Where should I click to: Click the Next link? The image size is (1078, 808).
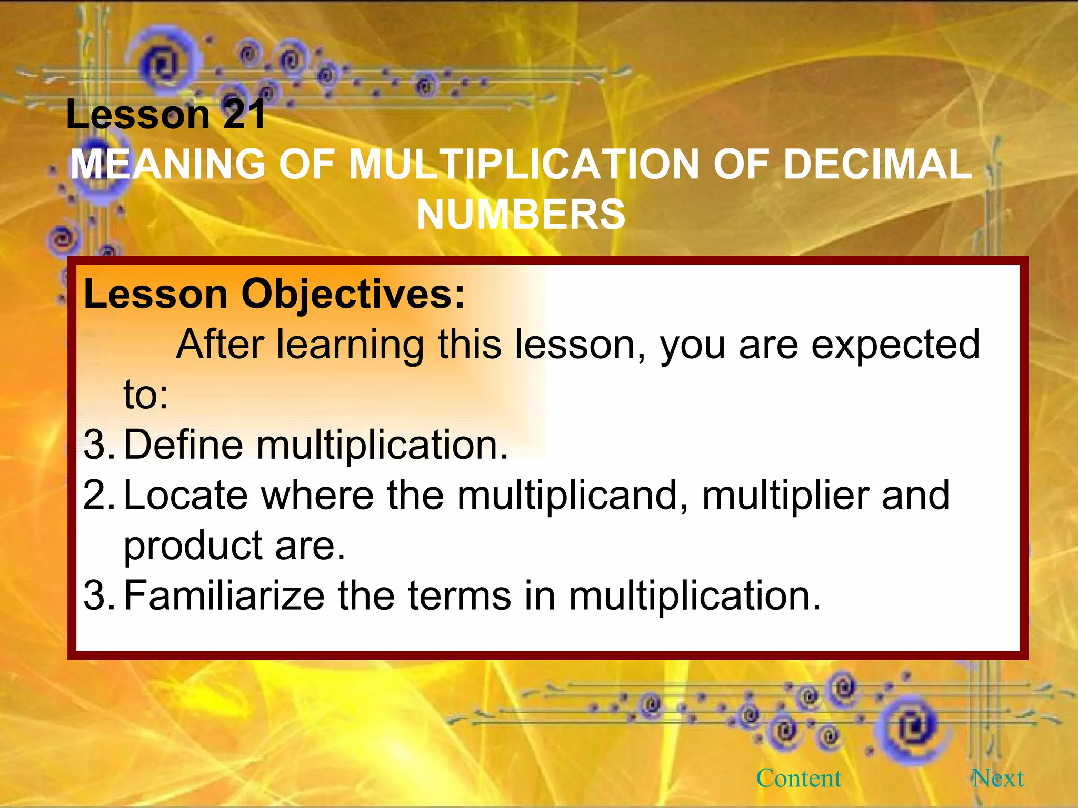point(997,778)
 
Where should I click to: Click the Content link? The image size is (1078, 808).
point(798,778)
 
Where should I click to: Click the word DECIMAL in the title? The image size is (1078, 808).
point(877,164)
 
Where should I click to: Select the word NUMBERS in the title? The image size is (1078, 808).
point(521,215)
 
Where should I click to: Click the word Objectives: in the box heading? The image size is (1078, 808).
point(353,294)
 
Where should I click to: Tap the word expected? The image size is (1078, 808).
point(895,345)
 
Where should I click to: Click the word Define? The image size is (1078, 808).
point(183,445)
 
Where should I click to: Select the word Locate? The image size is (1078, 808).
point(185,495)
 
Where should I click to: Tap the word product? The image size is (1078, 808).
point(193,546)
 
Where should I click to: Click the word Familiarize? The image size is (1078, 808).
point(224,595)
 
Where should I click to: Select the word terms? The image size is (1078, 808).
point(459,595)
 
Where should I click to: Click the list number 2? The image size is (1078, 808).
point(98,495)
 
